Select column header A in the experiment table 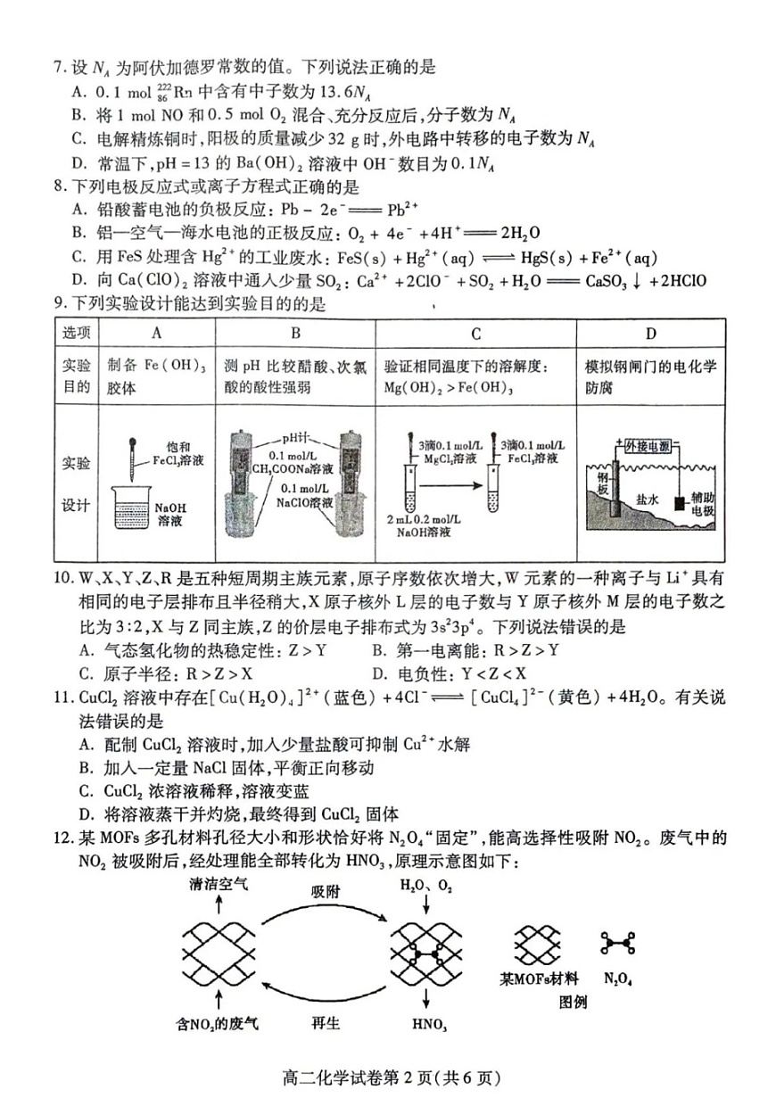click(x=157, y=334)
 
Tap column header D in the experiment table click(x=650, y=334)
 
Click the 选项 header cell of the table click(x=76, y=334)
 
